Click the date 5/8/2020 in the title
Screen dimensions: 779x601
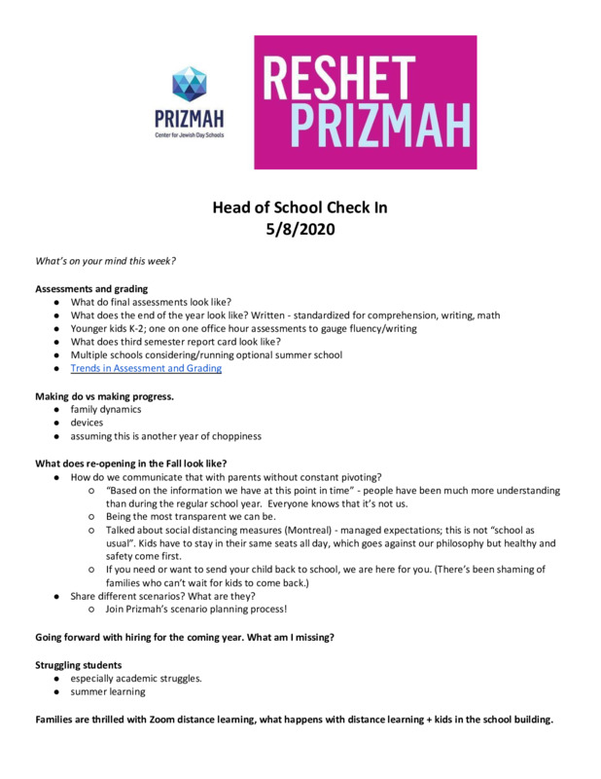click(x=300, y=231)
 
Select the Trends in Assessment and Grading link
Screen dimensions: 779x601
click(x=146, y=369)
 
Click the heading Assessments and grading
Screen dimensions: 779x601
click(x=91, y=289)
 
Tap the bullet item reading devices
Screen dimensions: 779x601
click(x=87, y=423)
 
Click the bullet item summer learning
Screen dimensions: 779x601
click(x=107, y=691)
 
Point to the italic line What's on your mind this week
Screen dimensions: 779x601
click(x=105, y=262)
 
